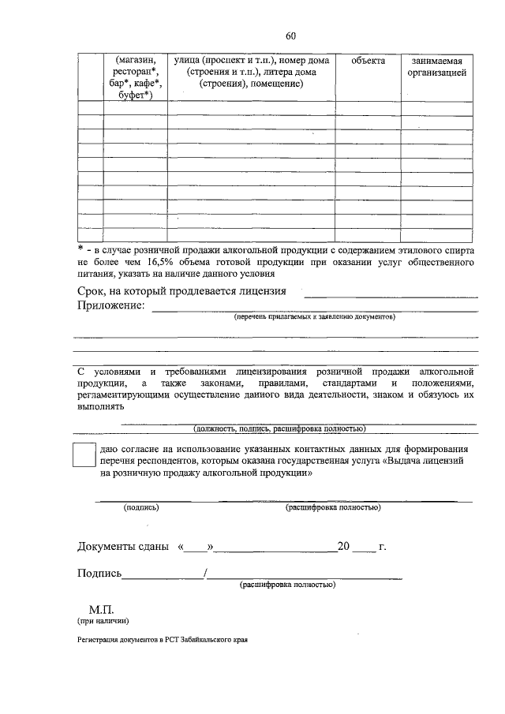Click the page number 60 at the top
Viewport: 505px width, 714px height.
pyautogui.click(x=290, y=36)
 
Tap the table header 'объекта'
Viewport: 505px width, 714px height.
pyautogui.click(x=368, y=61)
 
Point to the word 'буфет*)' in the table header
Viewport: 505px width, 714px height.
pyautogui.click(x=135, y=96)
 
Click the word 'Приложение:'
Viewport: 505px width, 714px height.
pyautogui.click(x=111, y=306)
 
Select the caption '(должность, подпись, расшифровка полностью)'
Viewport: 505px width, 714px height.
pyautogui.click(x=279, y=428)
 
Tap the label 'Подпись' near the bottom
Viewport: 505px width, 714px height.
pyautogui.click(x=99, y=574)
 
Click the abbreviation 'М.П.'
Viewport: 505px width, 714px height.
pyautogui.click(x=103, y=609)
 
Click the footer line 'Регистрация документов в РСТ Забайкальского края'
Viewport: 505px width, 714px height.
pyautogui.click(x=167, y=641)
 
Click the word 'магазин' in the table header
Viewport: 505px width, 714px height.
pyautogui.click(x=135, y=61)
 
